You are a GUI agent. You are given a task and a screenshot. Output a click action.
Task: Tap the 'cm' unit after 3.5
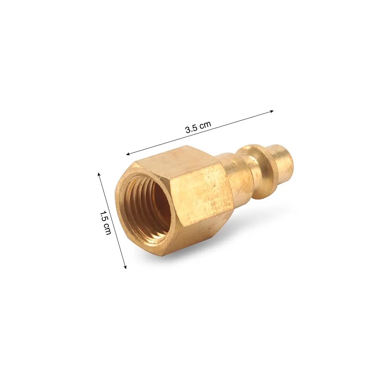(x=205, y=124)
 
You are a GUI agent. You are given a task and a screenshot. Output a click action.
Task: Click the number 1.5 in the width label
(x=103, y=216)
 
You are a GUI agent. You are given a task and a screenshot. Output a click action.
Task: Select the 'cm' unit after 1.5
(x=107, y=229)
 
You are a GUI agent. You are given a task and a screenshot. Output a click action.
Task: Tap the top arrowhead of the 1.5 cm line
(x=99, y=174)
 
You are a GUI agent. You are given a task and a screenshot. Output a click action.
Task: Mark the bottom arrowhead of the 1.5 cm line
(x=125, y=267)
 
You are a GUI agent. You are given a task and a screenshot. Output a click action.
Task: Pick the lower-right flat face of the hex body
(x=197, y=236)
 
